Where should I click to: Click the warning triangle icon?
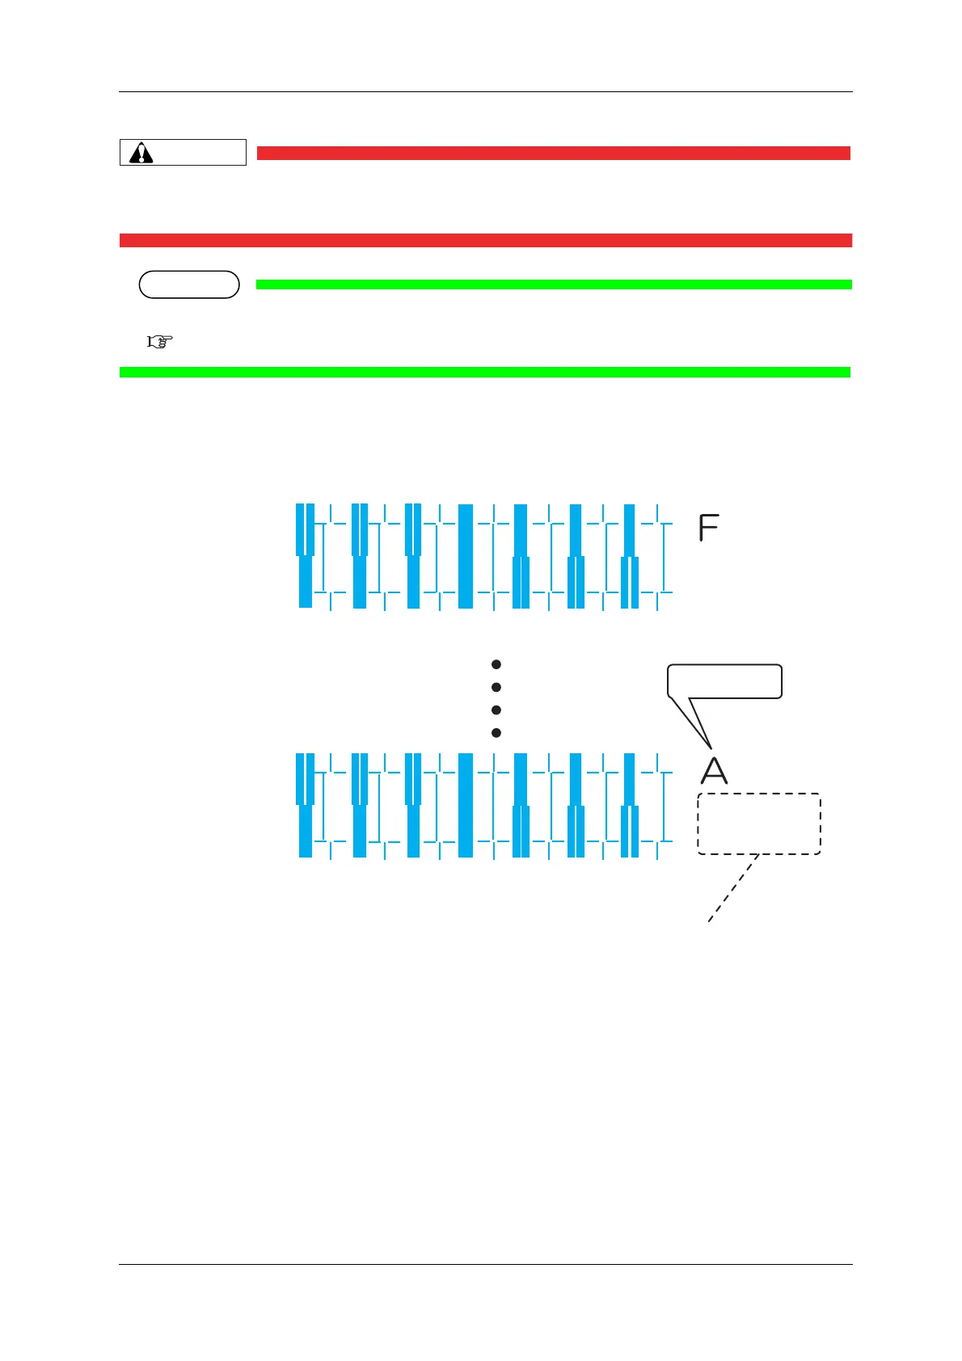(141, 153)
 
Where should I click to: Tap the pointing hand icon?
(160, 342)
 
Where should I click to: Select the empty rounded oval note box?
(189, 284)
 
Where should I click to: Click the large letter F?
(708, 529)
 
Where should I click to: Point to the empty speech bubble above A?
(724, 681)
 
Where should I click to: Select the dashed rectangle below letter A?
(759, 824)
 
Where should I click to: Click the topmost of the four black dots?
(496, 664)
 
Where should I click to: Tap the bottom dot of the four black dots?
(496, 733)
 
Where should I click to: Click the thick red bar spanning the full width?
(485, 240)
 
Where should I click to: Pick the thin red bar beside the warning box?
(553, 153)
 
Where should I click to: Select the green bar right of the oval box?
(553, 284)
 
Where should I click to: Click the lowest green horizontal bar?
(485, 372)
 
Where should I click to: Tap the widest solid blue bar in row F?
(466, 556)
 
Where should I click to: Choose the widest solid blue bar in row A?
(466, 805)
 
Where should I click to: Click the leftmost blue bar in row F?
(305, 556)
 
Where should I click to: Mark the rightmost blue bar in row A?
(630, 805)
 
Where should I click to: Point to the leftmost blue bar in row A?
(305, 805)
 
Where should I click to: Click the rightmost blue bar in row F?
(630, 556)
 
